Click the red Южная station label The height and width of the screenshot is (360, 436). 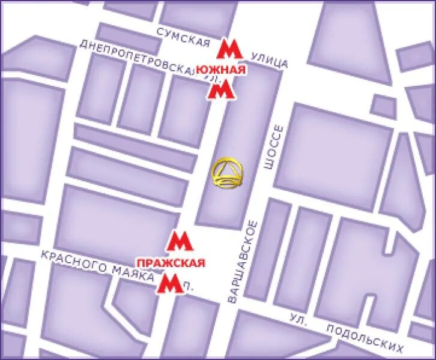coord(222,70)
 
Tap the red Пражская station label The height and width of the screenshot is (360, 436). coord(171,263)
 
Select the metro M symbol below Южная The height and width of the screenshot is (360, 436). coord(221,91)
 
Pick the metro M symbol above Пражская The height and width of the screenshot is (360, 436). coord(178,241)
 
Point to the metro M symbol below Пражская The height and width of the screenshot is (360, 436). coord(169,284)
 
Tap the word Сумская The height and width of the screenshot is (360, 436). coord(184,37)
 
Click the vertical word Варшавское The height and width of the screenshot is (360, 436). coord(243,260)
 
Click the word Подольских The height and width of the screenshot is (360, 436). coord(365,338)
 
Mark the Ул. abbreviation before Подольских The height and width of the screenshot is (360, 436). coord(298,319)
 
